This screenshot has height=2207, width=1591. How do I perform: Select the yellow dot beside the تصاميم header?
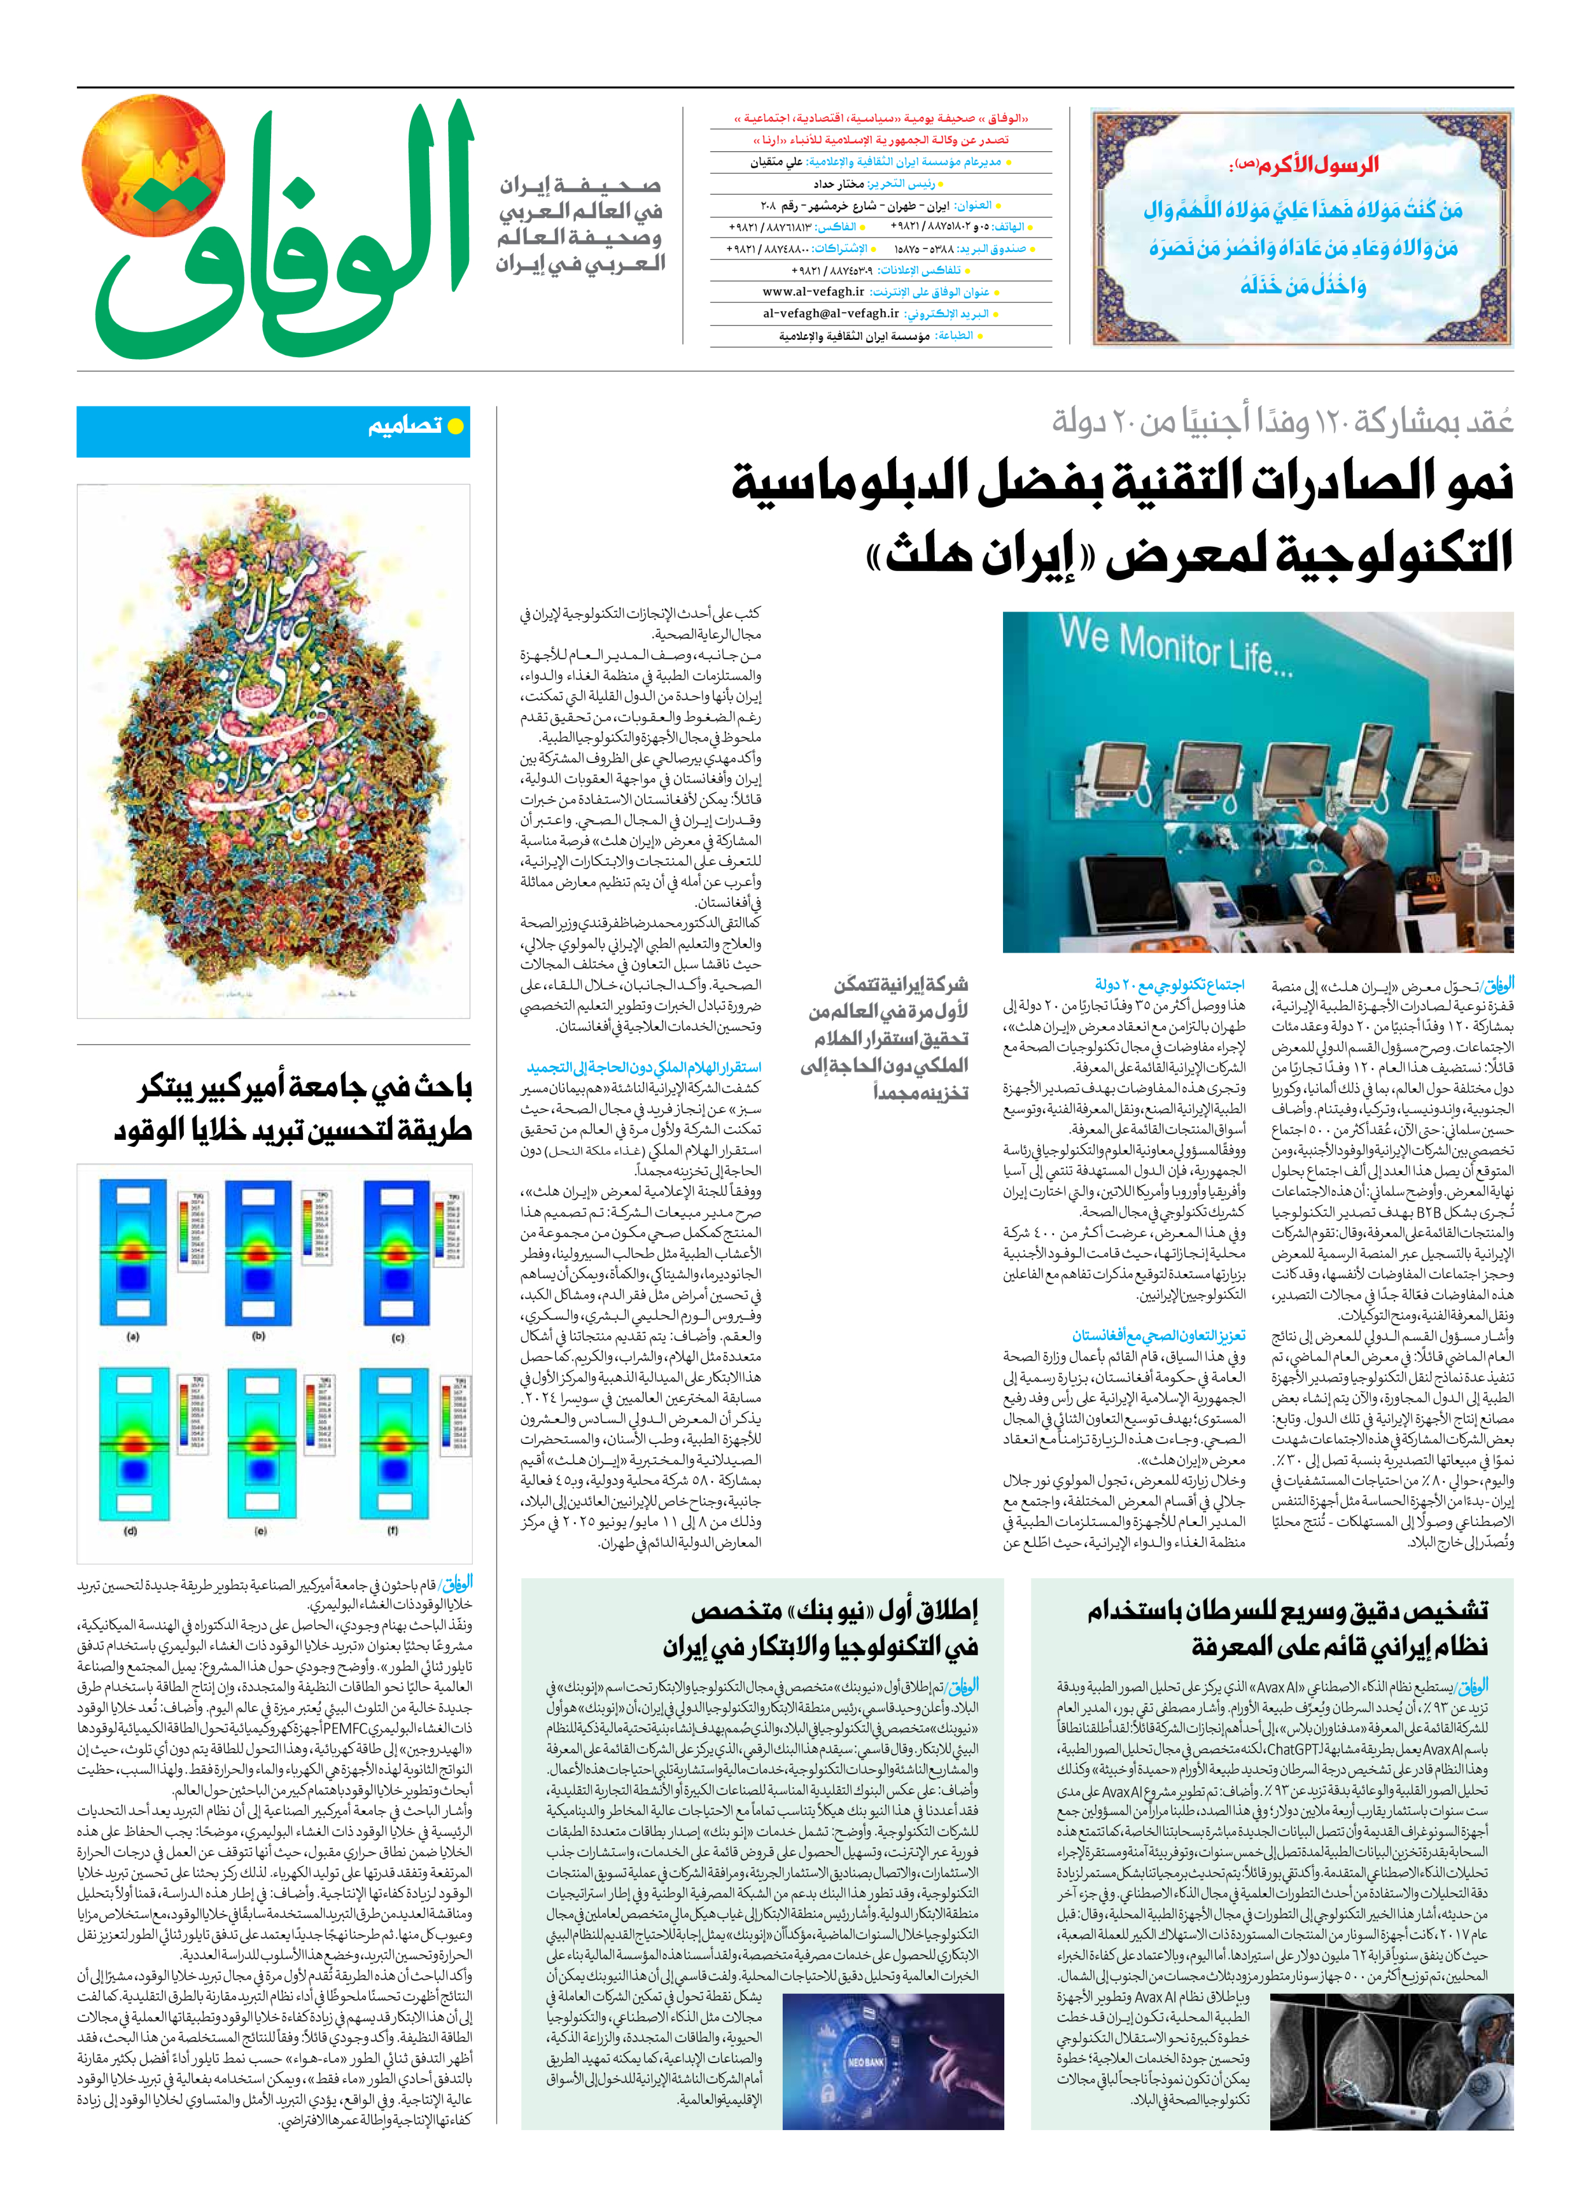pos(454,426)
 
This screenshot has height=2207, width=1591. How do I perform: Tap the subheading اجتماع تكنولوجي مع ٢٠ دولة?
pos(1168,984)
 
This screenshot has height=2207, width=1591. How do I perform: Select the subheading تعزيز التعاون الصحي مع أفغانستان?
pos(1158,1336)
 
